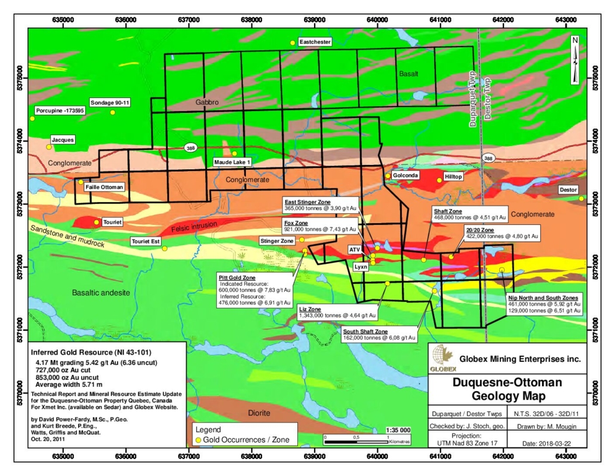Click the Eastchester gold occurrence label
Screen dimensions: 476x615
pyautogui.click(x=315, y=42)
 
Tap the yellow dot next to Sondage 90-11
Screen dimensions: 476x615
pyautogui.click(x=112, y=112)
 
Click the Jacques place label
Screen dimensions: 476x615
pyautogui.click(x=63, y=140)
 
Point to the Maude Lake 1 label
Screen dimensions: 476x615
pyautogui.click(x=233, y=162)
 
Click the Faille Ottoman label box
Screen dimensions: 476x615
pyautogui.click(x=105, y=187)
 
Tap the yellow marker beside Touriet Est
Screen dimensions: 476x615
pyautogui.click(x=165, y=248)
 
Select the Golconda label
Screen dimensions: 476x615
pyautogui.click(x=406, y=175)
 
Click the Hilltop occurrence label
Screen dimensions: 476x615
pyautogui.click(x=454, y=179)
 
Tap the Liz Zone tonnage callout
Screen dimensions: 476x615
pyautogui.click(x=337, y=312)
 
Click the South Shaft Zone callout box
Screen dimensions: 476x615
pyautogui.click(x=379, y=334)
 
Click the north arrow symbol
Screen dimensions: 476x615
pyautogui.click(x=574, y=60)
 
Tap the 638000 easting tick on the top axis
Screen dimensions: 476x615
pyautogui.click(x=251, y=19)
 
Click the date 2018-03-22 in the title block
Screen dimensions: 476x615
pyautogui.click(x=556, y=443)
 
